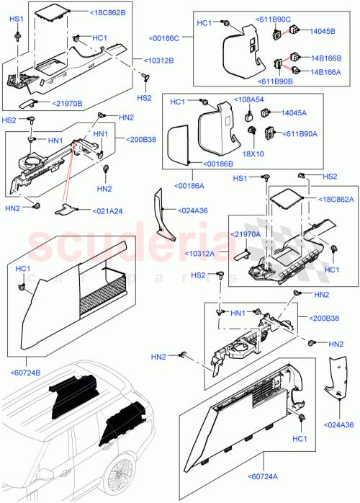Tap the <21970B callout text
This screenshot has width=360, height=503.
point(71,104)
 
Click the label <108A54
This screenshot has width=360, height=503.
point(249,99)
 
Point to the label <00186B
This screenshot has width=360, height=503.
point(217,165)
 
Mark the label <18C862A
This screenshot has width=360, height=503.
point(328,198)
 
